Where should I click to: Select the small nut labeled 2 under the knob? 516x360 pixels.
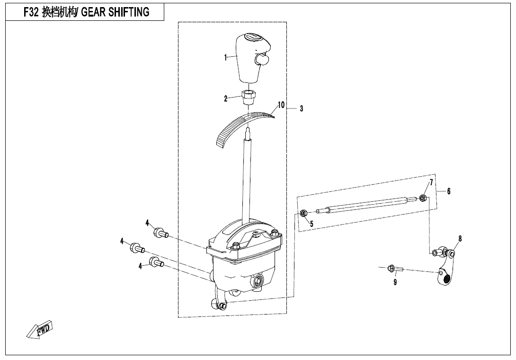(x=248, y=97)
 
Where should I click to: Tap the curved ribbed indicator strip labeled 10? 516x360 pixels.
(x=237, y=125)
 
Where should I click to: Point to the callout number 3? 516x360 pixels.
(x=302, y=108)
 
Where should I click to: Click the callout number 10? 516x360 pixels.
(x=281, y=105)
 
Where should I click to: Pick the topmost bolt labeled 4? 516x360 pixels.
(x=160, y=233)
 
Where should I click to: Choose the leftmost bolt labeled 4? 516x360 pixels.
(x=137, y=247)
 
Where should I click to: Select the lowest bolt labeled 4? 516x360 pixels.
(x=156, y=262)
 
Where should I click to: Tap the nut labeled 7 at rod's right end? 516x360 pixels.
(x=423, y=197)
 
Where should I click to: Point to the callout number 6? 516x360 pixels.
(x=449, y=191)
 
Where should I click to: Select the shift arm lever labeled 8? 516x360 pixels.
(x=445, y=270)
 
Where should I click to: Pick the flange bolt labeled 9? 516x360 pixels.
(x=394, y=269)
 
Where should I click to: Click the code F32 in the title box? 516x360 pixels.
(x=32, y=13)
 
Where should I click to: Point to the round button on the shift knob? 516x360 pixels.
(x=261, y=59)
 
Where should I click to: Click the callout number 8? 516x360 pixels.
(x=460, y=238)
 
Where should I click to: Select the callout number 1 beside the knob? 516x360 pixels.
(x=226, y=58)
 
